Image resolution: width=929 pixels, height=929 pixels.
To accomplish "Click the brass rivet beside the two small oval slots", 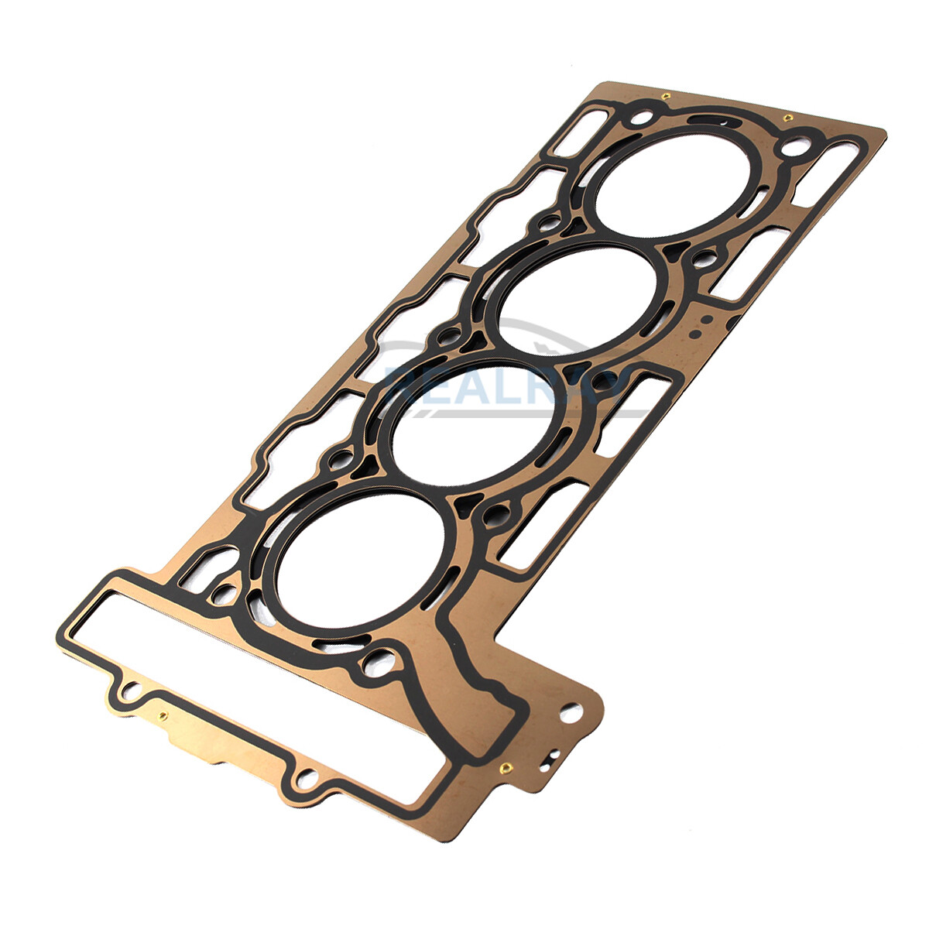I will (x=504, y=768).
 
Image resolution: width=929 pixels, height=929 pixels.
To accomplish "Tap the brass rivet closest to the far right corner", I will (x=787, y=118).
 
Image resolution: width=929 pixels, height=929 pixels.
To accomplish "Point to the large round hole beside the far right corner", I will (x=794, y=146).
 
